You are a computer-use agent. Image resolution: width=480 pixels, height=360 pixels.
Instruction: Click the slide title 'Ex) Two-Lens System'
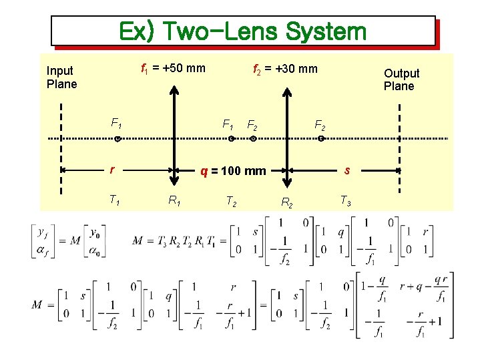coord(242,31)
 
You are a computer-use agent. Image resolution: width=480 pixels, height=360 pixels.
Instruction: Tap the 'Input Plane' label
coord(61,77)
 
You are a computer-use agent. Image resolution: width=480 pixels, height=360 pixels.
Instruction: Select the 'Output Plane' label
coord(401,79)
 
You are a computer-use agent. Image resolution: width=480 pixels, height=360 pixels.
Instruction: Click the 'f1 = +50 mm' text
coord(173,67)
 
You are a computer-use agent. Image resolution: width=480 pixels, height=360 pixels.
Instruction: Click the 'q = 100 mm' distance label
coord(234,171)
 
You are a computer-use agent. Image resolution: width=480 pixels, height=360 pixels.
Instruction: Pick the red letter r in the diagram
coord(113,170)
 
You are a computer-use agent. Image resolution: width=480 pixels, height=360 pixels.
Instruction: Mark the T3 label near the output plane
coord(346,199)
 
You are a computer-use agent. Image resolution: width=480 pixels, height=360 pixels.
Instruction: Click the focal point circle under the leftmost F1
coord(116,140)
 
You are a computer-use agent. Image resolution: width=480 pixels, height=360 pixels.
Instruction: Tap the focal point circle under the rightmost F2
coord(320,140)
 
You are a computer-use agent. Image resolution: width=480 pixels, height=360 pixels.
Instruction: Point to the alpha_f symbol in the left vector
coord(43,250)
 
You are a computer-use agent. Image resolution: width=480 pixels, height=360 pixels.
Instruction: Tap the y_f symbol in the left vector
coord(43,232)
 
